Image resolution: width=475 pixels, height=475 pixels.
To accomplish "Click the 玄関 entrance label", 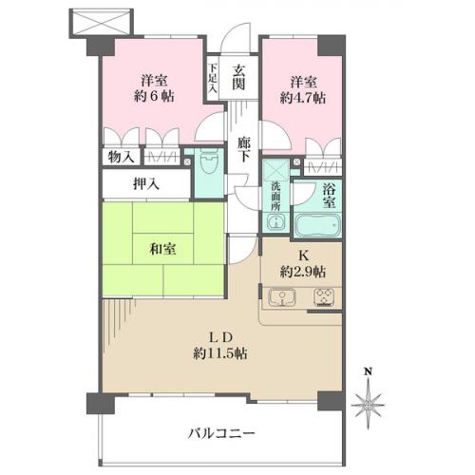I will click(238, 76).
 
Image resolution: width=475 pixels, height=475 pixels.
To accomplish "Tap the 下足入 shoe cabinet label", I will click(215, 75).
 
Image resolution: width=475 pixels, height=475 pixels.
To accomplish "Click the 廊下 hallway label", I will click(244, 147).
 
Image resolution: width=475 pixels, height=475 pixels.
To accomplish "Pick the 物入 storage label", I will click(122, 157).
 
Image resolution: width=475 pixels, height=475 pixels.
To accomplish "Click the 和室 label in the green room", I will click(162, 251).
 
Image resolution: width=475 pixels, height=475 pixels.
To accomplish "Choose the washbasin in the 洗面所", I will click(275, 224).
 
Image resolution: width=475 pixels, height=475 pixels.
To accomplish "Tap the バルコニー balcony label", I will click(220, 432).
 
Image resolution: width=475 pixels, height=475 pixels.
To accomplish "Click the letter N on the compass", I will click(370, 371).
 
